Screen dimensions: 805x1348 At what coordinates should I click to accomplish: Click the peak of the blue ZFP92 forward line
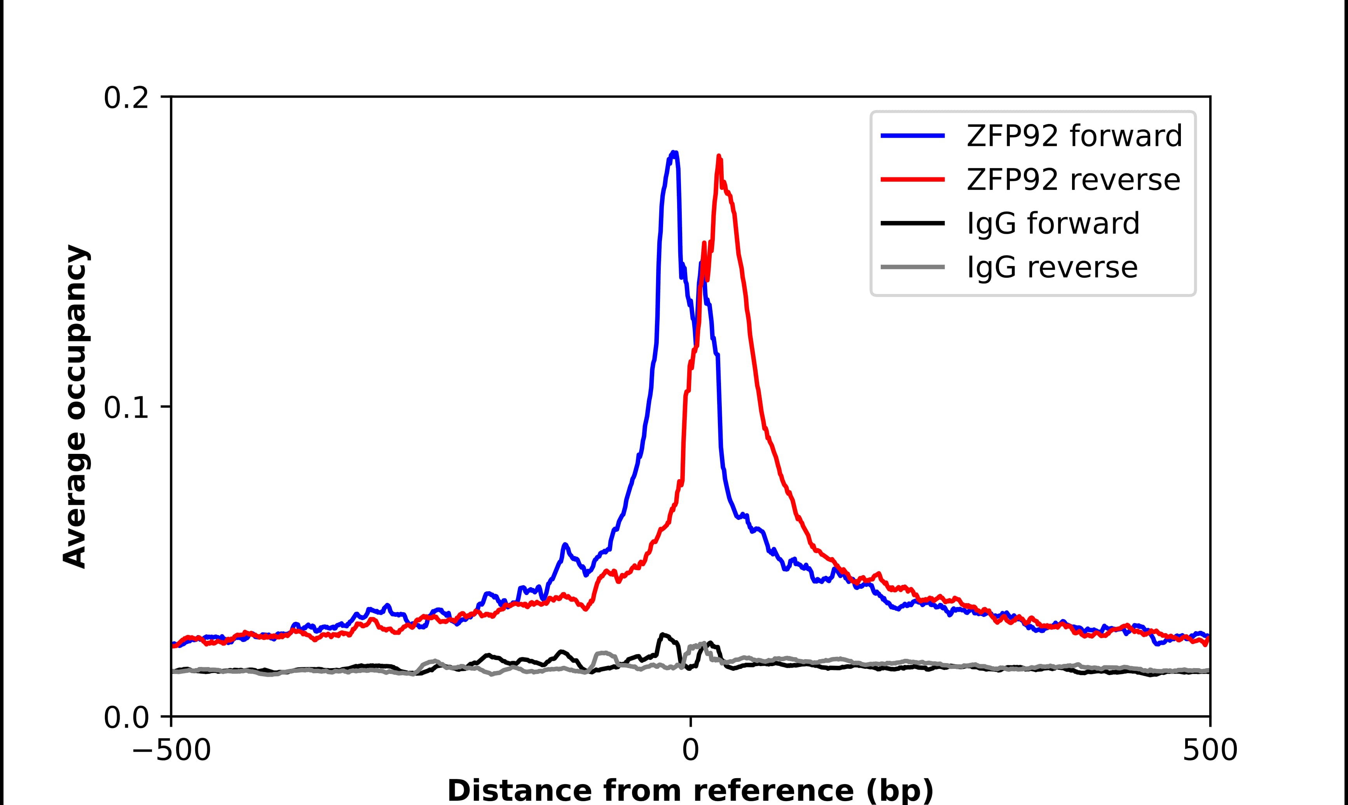673,153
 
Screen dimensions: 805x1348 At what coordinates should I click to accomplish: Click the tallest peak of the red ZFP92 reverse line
719,157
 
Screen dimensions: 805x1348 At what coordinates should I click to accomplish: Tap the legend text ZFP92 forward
1074,136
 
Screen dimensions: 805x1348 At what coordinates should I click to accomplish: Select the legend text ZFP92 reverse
1073,180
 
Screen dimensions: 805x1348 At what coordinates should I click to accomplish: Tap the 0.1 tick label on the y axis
126,408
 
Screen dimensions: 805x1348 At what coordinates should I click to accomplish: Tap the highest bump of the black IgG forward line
662,635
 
